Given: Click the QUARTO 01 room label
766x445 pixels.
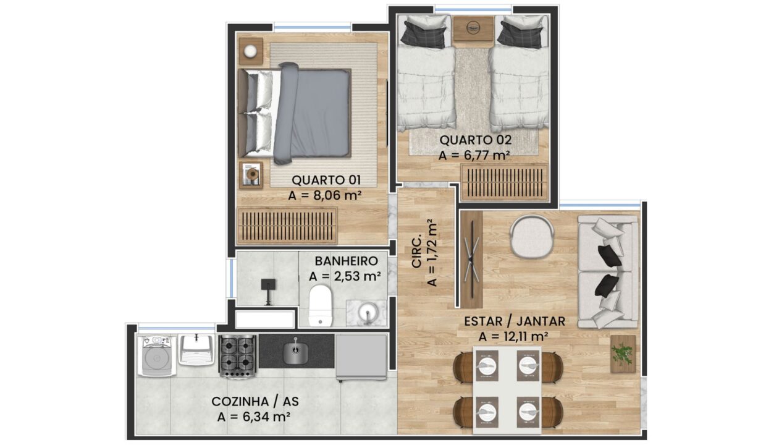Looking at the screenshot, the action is pyautogui.click(x=326, y=180).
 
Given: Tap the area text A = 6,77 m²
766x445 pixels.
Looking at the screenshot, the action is pyautogui.click(x=474, y=156).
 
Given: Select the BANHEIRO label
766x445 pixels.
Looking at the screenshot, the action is pyautogui.click(x=346, y=261).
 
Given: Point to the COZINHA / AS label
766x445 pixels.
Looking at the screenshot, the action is pyautogui.click(x=255, y=401).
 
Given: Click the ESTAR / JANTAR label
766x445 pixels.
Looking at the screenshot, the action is pyautogui.click(x=515, y=321).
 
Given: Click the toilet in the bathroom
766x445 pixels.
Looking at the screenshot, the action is pyautogui.click(x=321, y=306).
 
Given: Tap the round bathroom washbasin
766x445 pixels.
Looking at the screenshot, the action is pyautogui.click(x=368, y=313).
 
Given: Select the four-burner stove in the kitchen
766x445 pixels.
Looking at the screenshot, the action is pyautogui.click(x=238, y=356).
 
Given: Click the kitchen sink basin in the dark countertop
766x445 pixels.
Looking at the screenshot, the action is pyautogui.click(x=295, y=352).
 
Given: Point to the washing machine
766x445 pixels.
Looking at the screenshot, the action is pyautogui.click(x=157, y=356).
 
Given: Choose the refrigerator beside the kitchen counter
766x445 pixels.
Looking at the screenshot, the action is pyautogui.click(x=361, y=357).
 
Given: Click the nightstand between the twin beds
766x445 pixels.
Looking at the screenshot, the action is pyautogui.click(x=474, y=28).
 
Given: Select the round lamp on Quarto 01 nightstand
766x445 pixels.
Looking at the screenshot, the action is pyautogui.click(x=250, y=51).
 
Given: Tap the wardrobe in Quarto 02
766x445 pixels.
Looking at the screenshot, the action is pyautogui.click(x=504, y=182).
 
